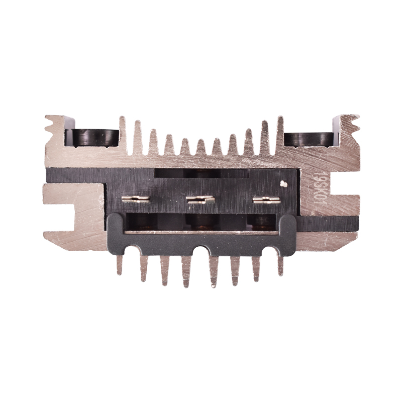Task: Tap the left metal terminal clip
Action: (x=136, y=199)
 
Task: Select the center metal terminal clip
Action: (x=200, y=199)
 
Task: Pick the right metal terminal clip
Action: (x=266, y=200)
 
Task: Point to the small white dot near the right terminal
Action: (x=284, y=184)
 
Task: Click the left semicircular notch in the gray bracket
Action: (x=135, y=250)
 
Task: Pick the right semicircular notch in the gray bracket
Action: (x=265, y=250)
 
